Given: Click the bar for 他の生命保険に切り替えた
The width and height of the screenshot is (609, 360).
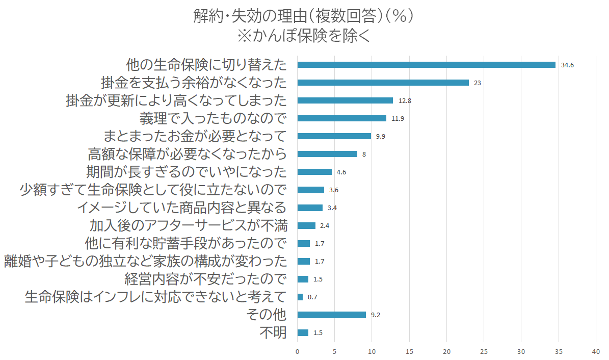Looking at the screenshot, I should pos(426,65).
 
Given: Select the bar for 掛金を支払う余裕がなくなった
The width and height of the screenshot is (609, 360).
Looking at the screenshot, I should pos(383,83).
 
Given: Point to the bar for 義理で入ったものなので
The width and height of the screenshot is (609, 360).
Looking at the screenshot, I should pos(341,118).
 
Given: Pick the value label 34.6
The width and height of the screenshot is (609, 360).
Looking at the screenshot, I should pos(567,65).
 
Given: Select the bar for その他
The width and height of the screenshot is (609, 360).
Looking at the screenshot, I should pos(331,315).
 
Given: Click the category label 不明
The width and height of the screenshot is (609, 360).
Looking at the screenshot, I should pos(273,333).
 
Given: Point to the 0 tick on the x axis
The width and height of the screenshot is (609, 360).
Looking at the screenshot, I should pos(297,352).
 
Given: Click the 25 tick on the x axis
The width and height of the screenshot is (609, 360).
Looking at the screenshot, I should pos(484,352).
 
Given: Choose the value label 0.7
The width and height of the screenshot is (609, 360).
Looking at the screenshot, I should pos(312,297).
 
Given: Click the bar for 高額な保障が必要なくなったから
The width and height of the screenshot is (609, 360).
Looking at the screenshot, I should pos(327,154).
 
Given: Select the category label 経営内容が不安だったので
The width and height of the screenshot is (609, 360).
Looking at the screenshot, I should pos(205,279).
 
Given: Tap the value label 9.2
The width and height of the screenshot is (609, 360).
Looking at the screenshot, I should pos(376,315).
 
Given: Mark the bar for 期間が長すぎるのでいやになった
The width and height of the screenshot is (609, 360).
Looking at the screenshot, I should pos(314,172).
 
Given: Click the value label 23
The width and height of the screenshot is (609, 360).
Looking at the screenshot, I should pos(478,83).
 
